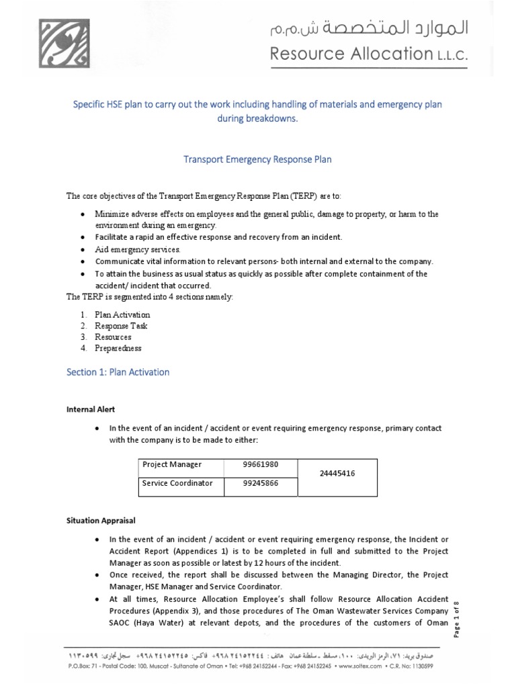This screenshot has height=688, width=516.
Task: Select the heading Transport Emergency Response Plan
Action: point(258,159)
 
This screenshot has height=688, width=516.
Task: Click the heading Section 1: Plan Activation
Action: point(118,372)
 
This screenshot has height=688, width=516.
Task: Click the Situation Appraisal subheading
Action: point(100,520)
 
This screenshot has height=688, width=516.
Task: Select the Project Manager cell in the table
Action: point(171,464)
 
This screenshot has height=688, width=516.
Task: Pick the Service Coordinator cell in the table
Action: point(177,483)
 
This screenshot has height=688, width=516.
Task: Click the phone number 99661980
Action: point(260,464)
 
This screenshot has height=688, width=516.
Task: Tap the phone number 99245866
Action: point(260,483)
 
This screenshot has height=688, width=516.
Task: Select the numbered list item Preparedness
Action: point(118,348)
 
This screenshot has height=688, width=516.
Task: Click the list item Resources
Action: point(113,337)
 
